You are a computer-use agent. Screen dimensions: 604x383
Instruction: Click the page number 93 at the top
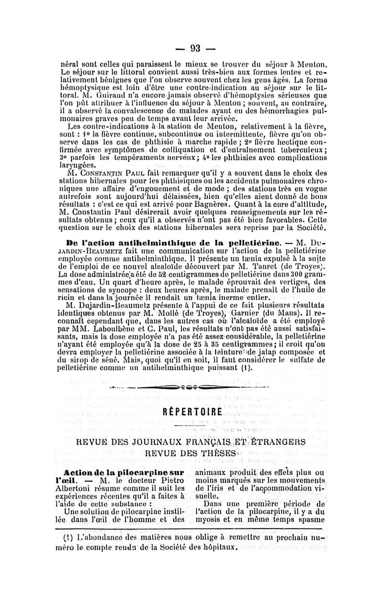point(194,48)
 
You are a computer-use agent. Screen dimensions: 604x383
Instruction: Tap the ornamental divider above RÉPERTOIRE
point(191,385)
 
